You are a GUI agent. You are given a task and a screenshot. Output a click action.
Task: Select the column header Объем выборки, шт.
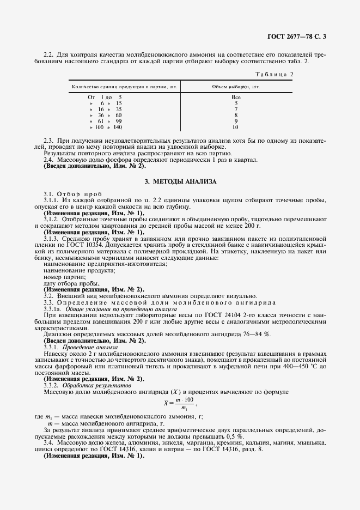(x=236, y=87)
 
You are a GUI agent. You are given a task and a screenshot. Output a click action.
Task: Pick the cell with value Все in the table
(x=236, y=96)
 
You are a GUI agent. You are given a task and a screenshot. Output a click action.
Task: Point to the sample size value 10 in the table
(x=235, y=127)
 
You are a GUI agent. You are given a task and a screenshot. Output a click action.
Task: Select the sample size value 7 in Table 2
(x=236, y=109)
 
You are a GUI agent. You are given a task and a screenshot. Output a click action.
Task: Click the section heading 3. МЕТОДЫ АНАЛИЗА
(x=180, y=181)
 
